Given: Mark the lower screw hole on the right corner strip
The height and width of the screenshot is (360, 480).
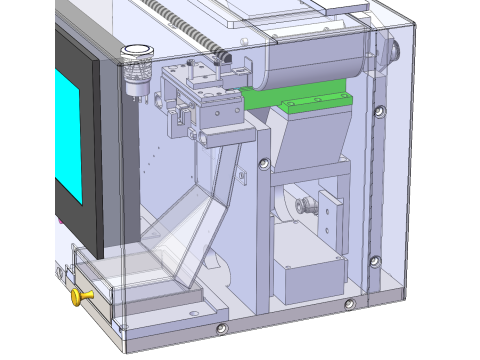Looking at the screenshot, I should pos(373,262).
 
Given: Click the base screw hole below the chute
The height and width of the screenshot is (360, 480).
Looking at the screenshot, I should pos(221,328).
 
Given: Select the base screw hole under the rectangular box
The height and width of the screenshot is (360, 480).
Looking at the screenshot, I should pos(348,303).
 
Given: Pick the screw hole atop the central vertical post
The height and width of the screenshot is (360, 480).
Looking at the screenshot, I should pos(262,163).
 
